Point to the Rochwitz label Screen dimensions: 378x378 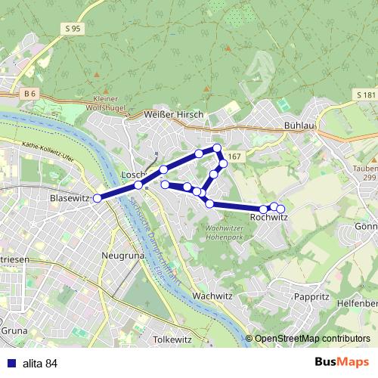(268, 218)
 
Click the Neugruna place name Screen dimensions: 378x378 (122, 256)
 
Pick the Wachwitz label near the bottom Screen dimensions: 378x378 (211, 296)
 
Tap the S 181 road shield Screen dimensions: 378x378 (364, 94)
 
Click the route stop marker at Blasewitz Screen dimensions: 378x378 (97, 198)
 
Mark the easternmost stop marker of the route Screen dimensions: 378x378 (280, 209)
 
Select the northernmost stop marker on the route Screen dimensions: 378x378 (217, 148)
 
